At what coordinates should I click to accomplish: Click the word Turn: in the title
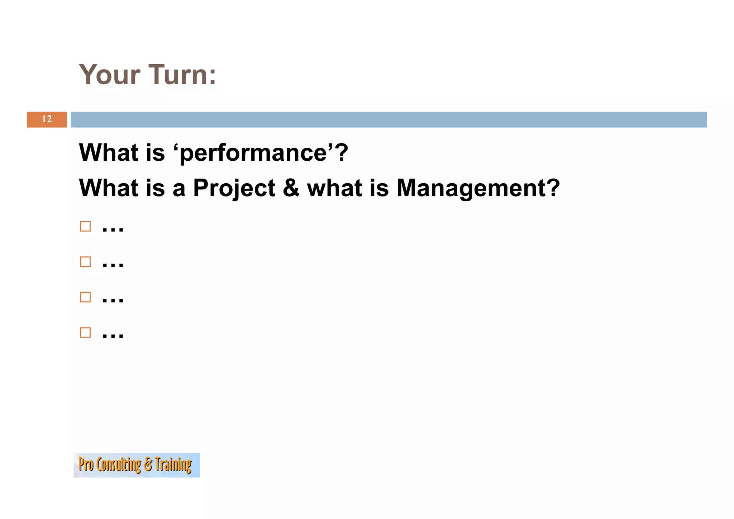coord(182,75)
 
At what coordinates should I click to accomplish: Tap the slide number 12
coord(47,119)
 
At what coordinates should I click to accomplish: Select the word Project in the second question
coord(234,188)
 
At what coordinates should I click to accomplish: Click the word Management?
coord(478,188)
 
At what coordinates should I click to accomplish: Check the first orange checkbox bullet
coord(85,226)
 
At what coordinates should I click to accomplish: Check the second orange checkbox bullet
coord(85,262)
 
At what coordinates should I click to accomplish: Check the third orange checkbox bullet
coord(85,297)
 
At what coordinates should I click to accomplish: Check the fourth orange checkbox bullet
coord(85,332)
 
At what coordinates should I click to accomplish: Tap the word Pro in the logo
coord(86,464)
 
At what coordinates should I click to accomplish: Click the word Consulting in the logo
coord(119,465)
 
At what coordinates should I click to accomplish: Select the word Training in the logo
coord(173,465)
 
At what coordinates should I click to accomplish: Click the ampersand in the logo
coord(148,465)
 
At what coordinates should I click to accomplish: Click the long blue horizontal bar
coord(389,119)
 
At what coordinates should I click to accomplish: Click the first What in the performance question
coord(109,152)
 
